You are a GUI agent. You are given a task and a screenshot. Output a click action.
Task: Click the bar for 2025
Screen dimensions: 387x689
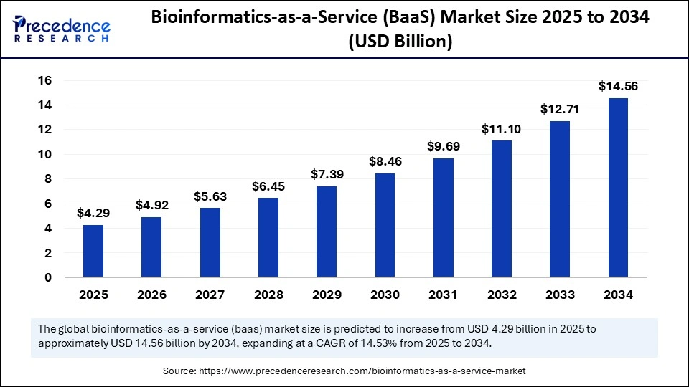coord(93,251)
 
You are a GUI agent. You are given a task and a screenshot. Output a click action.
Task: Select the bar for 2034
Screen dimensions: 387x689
coord(618,188)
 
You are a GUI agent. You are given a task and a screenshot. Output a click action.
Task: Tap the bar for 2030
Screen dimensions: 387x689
coord(385,225)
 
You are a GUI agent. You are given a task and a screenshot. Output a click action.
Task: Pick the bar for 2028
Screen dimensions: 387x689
coord(268,237)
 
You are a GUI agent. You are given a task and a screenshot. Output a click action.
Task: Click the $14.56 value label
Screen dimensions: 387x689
coord(618,87)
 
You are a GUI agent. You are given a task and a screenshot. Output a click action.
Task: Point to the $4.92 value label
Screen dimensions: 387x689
coord(151,206)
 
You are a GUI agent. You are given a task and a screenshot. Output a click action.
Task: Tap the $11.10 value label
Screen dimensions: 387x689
coord(502,130)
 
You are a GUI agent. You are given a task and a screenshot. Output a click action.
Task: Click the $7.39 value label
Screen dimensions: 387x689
coord(327,175)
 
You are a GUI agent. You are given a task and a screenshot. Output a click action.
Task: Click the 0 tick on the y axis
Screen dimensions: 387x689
coord(48,278)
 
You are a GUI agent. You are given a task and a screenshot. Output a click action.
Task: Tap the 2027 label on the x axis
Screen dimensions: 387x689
coord(210,295)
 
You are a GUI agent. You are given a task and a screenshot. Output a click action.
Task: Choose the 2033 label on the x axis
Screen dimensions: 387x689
coord(560,295)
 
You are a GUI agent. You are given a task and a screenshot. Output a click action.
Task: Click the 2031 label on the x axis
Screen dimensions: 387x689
coord(443,295)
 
